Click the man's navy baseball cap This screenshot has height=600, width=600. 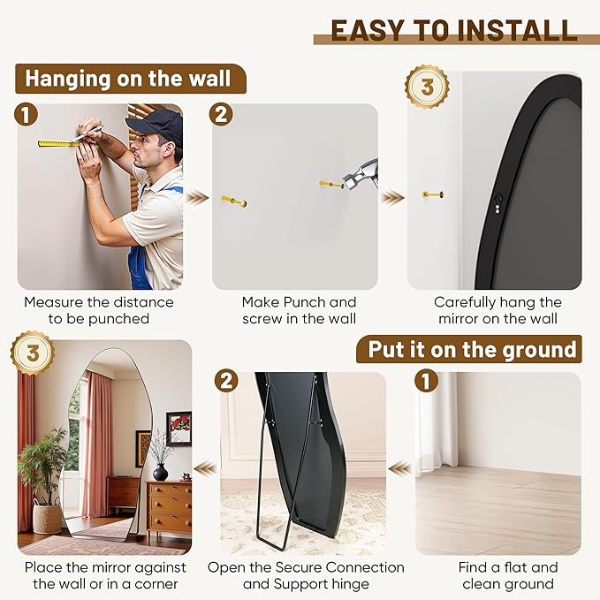pyautogui.click(x=156, y=125)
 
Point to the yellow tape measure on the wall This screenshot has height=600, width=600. pyautogui.click(x=58, y=142)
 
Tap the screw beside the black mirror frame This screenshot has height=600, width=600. pyautogui.click(x=432, y=194)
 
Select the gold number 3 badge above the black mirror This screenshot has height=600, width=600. pyautogui.click(x=427, y=87)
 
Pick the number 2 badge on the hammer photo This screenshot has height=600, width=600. pyautogui.click(x=222, y=115)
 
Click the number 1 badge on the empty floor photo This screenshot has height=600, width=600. pyautogui.click(x=427, y=382)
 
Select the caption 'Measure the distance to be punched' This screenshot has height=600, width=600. pyautogui.click(x=98, y=311)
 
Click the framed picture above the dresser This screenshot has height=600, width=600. pyautogui.click(x=178, y=428)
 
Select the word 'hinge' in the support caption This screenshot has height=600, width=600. pyautogui.click(x=349, y=584)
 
